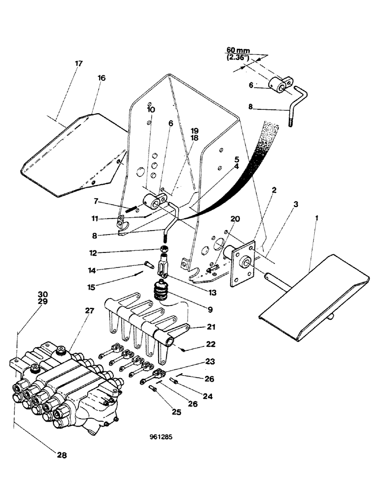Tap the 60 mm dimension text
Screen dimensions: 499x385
point(237,50)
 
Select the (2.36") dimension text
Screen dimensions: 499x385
point(236,57)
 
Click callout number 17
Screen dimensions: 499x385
point(78,64)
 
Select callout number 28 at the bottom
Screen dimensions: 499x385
point(61,455)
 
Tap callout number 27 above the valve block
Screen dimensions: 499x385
point(89,310)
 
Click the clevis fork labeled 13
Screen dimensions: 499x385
point(164,265)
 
